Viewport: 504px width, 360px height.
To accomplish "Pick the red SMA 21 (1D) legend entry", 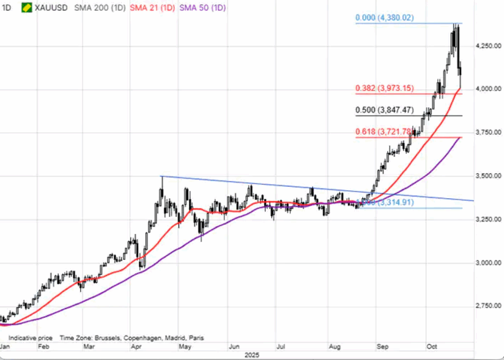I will [153, 8].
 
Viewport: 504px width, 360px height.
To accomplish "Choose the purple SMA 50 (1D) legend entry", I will [203, 8].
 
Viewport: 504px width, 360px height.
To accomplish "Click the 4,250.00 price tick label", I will [489, 46].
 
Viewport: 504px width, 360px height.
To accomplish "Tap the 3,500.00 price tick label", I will [489, 176].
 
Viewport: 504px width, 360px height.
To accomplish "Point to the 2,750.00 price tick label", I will [489, 305].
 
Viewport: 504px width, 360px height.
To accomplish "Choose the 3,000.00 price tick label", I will [489, 262].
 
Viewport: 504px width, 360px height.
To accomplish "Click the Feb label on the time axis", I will [44, 347].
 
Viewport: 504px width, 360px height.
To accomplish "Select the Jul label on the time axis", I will [281, 347].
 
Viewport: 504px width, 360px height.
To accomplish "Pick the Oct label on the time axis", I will [432, 347].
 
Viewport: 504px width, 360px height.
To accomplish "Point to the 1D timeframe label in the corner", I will [7, 8].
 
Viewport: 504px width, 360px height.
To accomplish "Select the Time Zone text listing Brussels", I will [131, 338].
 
